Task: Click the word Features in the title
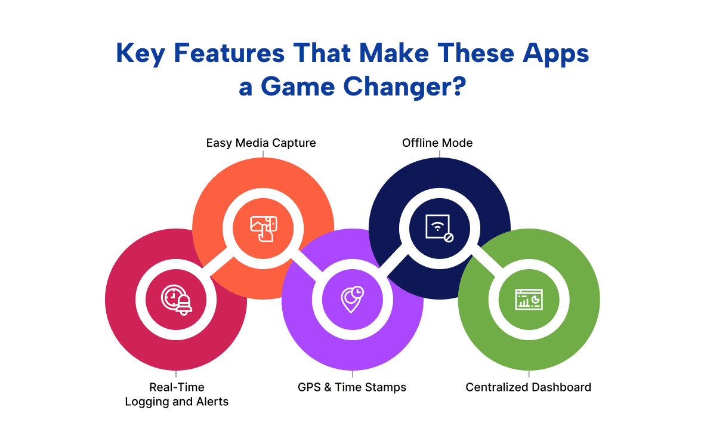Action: pos(229,53)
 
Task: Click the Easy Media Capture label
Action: pos(261,143)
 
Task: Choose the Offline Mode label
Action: pos(437,143)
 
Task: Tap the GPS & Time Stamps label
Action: pos(352,387)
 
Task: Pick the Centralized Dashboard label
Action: pos(529,387)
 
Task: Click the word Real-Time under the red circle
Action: pos(177,387)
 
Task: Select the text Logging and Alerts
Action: pos(177,402)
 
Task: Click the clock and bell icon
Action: pos(177,300)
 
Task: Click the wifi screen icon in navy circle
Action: pos(439,228)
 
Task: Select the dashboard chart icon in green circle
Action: pos(529,300)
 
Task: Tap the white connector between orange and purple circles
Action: pos(307,264)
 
